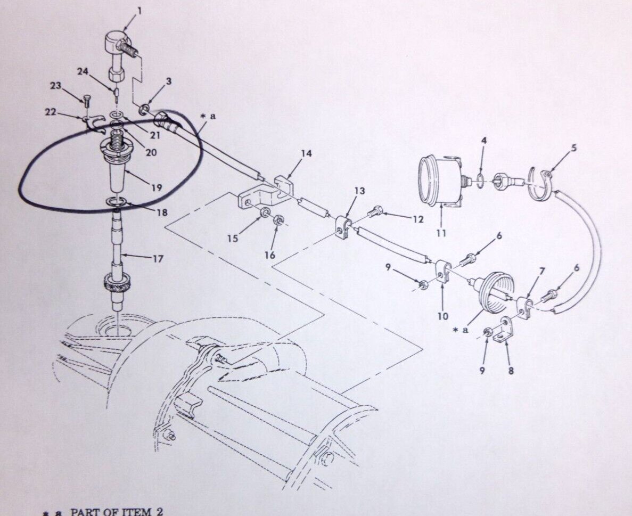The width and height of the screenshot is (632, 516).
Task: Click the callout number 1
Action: click(x=139, y=11)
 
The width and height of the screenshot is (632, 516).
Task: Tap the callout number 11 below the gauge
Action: click(x=441, y=233)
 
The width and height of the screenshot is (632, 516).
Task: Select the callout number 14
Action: click(x=306, y=153)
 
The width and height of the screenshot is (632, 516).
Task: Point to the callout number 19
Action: click(x=157, y=187)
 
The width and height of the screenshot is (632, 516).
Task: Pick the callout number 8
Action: click(x=511, y=370)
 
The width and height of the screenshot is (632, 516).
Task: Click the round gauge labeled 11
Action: click(x=440, y=180)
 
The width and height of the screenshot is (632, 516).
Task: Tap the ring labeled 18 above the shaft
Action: click(x=117, y=201)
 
